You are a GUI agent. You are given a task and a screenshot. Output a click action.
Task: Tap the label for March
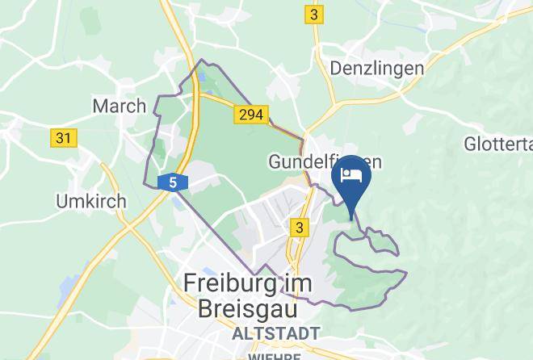pos(120,105)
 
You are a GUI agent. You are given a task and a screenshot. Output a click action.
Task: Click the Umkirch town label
pos(90,200)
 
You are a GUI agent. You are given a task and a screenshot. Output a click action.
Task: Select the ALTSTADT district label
pos(275,333)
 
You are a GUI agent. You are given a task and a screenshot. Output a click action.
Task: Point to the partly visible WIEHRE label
pos(275,355)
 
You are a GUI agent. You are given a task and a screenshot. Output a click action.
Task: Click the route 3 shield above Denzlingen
pos(313,15)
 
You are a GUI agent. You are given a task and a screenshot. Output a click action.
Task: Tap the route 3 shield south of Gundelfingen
pos(300,228)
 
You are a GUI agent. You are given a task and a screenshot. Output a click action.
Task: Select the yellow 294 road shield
pos(250,115)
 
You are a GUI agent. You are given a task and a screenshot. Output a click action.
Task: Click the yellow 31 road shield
pos(62,138)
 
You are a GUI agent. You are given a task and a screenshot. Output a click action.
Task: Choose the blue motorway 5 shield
pos(173,182)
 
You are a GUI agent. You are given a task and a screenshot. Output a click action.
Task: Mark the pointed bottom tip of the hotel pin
pos(351,218)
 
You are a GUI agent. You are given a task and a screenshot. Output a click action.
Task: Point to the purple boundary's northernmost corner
pos(202,61)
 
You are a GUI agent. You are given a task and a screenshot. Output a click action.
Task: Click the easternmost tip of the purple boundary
pos(406,274)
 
